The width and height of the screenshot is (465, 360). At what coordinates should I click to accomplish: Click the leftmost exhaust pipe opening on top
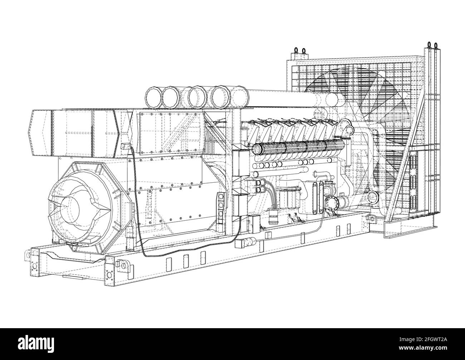(x=153, y=96)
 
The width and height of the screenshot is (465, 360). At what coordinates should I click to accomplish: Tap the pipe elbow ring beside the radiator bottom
(x=372, y=196)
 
